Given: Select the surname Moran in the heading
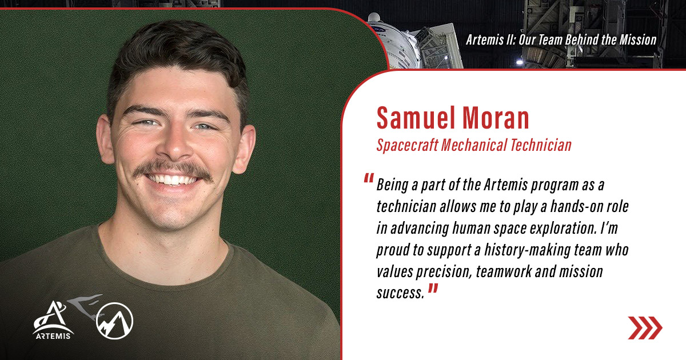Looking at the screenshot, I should pyautogui.click(x=497, y=118).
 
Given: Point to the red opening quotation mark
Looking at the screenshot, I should pyautogui.click(x=369, y=179).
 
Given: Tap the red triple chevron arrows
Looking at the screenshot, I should pyautogui.click(x=645, y=327).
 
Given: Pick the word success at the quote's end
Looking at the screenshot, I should pyautogui.click(x=400, y=293).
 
